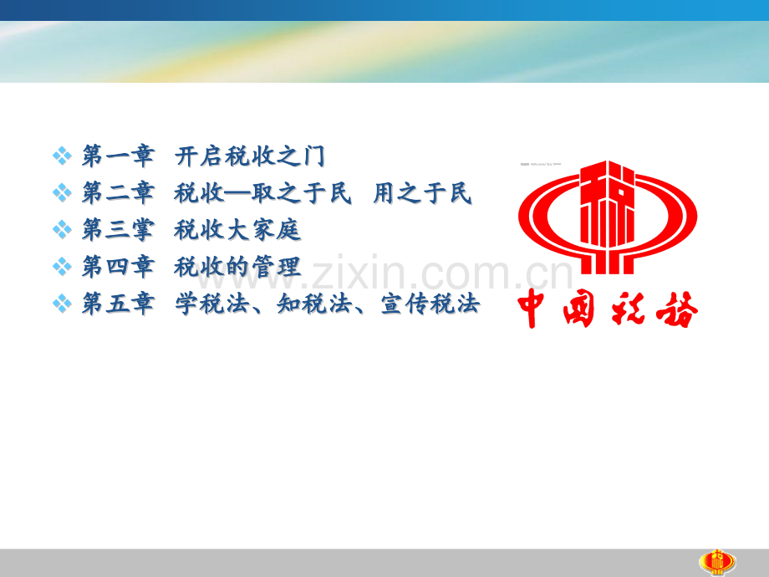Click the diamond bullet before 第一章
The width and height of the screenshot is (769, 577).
pos(63,156)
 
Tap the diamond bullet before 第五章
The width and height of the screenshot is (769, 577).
pos(63,304)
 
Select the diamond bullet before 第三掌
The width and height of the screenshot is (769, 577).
pos(63,230)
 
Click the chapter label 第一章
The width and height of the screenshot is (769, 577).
pos(118,156)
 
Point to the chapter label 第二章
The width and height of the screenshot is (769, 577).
pos(118,193)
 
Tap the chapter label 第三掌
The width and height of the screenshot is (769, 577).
pos(118,230)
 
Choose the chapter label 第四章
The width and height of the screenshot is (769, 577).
pos(118,267)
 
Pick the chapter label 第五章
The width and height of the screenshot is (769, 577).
pos(118,304)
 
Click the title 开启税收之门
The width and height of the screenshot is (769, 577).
pos(250,156)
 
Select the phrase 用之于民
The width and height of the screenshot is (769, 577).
pos(422,193)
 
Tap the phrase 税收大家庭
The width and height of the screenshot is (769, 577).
pos(237,230)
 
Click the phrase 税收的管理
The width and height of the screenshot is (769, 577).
pos(237,267)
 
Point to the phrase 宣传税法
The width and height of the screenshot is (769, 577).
pos(430,304)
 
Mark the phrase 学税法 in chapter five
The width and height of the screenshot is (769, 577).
pos(211,304)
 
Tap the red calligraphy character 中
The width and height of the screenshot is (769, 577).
pos(535,309)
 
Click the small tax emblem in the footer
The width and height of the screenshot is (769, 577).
pos(717,562)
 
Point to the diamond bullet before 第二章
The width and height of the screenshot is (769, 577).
pos(63,193)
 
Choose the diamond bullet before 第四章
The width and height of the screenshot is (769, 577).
pos(63,267)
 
